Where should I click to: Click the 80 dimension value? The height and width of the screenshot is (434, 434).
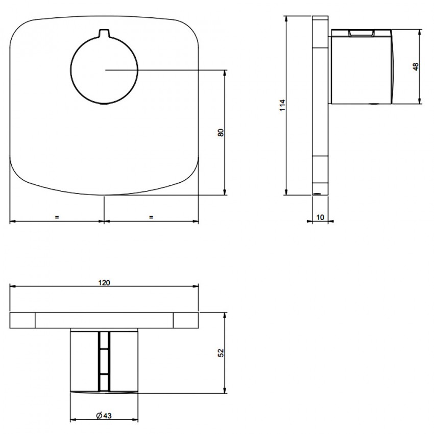[221, 132]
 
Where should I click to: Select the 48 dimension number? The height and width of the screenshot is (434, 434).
[416, 67]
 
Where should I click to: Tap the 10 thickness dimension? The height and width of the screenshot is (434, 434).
[320, 218]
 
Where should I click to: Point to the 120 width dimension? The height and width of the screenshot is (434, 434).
[104, 282]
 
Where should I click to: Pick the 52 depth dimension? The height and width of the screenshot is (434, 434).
[221, 353]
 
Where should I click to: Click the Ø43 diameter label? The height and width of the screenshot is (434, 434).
[104, 416]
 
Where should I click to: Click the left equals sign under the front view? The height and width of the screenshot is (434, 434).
[57, 218]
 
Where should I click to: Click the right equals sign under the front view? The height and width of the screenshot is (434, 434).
[151, 218]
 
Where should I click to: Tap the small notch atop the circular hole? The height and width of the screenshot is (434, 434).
[104, 32]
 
